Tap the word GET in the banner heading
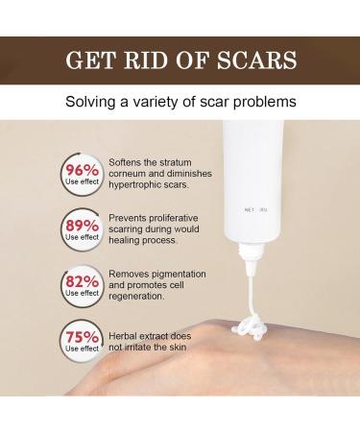tap(89, 60)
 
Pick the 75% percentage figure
tap(84, 337)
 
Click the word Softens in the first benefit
tap(128, 160)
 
